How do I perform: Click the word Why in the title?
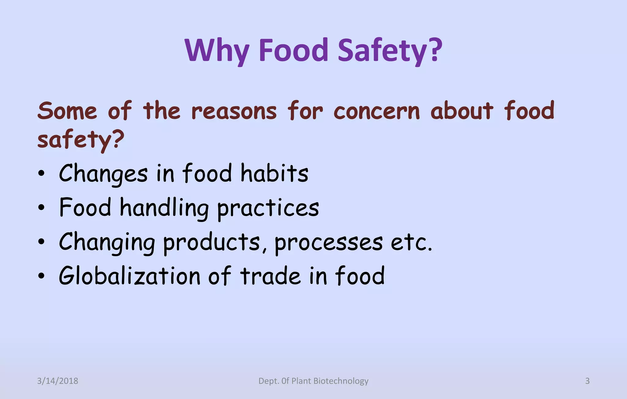(217, 51)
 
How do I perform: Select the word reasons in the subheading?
(234, 111)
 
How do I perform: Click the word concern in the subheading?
(377, 111)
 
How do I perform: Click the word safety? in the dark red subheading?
(81, 140)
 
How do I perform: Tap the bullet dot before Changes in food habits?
(41, 174)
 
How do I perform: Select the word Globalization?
(130, 276)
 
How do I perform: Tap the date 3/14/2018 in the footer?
(58, 381)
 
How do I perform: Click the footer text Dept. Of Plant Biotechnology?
(313, 381)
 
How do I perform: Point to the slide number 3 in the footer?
(587, 381)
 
